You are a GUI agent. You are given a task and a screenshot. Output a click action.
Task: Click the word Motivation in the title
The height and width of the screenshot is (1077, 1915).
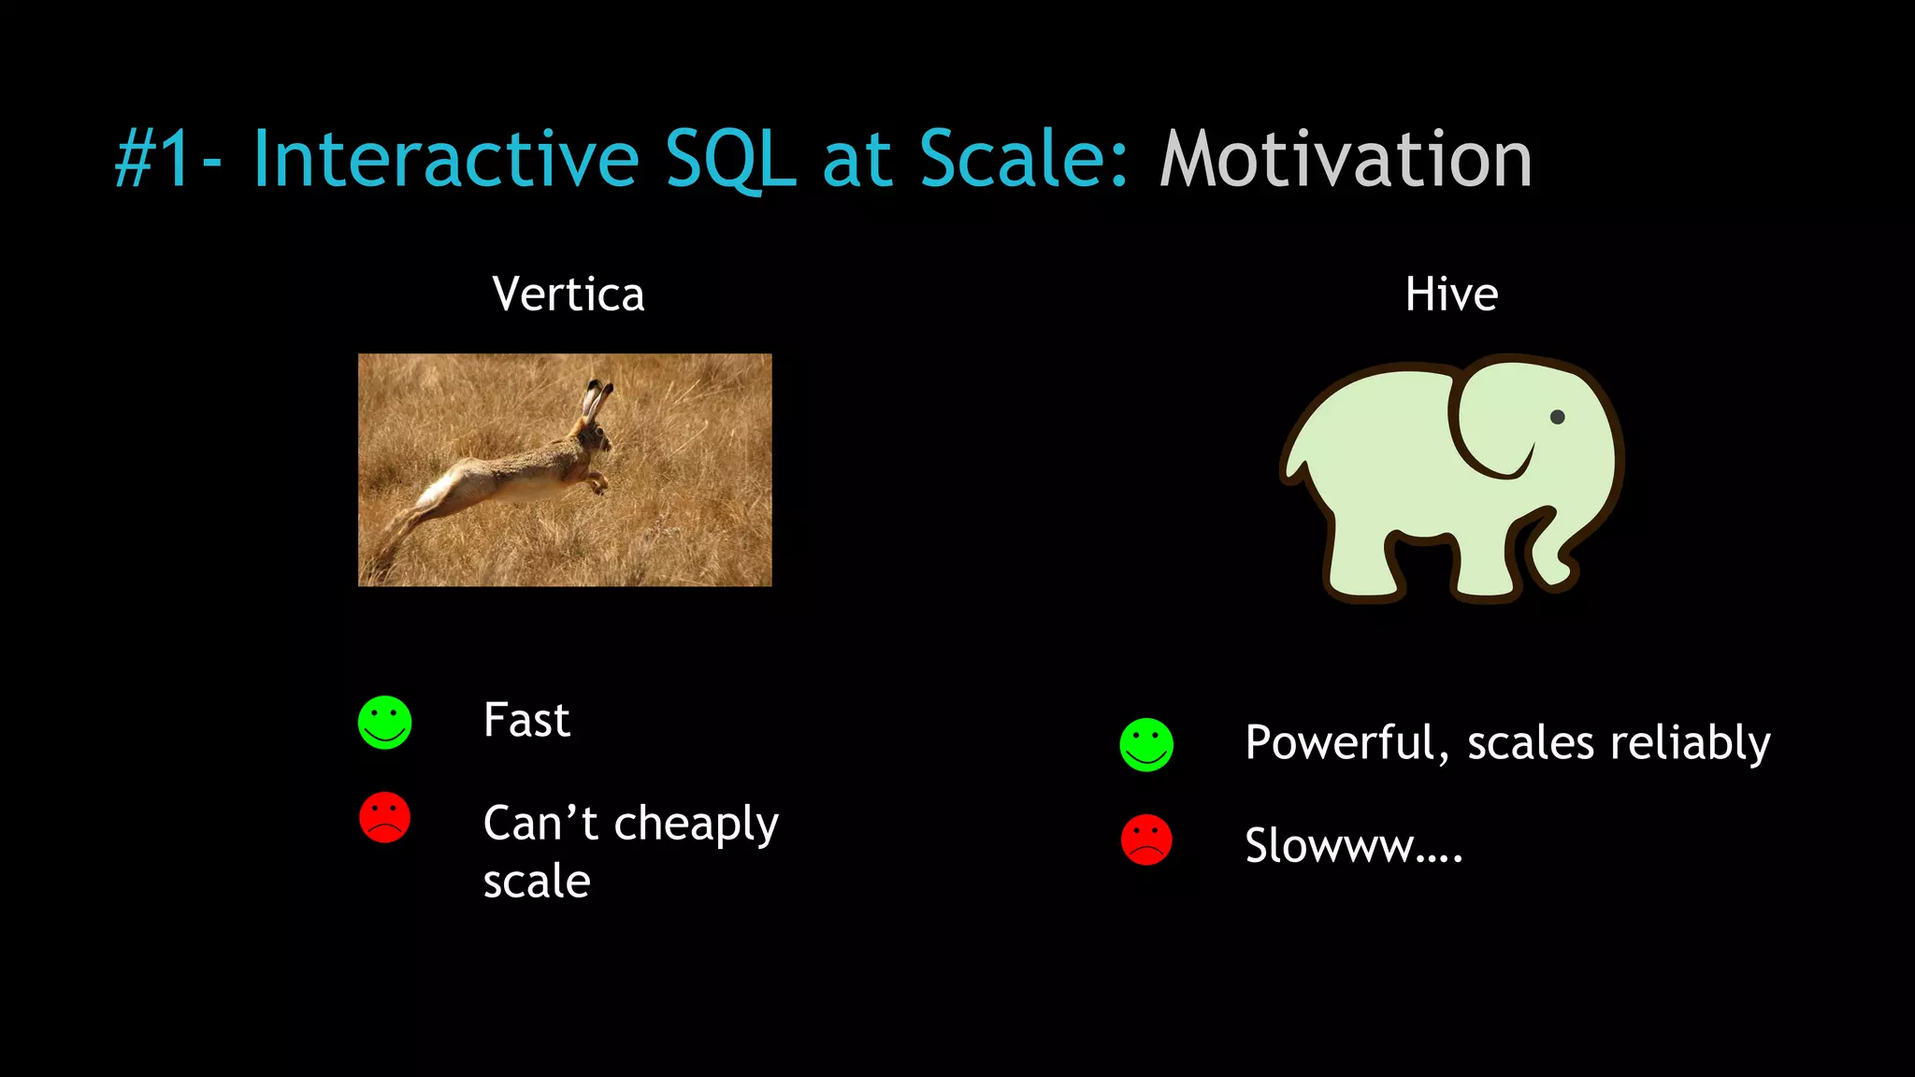(1345, 160)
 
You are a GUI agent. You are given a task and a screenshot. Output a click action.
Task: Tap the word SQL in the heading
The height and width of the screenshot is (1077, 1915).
(729, 160)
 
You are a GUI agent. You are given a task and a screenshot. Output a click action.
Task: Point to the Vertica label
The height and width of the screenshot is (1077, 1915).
(568, 294)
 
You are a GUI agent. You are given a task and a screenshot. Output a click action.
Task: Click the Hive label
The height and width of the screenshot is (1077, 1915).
(1451, 294)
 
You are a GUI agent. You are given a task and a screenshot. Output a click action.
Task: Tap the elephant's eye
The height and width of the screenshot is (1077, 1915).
(1557, 417)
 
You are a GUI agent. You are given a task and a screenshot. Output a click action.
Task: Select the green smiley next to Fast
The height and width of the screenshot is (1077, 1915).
(384, 723)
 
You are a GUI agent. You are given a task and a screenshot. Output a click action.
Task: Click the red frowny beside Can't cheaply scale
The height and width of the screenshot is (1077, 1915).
(384, 818)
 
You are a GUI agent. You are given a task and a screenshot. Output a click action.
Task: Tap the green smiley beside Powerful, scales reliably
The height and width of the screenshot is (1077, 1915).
(1146, 745)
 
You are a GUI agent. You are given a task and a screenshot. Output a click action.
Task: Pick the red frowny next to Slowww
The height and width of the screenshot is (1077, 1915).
(1146, 840)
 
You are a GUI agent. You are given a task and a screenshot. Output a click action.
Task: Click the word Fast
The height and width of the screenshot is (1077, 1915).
(526, 721)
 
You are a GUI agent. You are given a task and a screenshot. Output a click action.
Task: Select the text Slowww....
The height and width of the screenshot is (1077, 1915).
(1352, 846)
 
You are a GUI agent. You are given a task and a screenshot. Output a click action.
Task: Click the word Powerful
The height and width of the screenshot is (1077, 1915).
(1345, 744)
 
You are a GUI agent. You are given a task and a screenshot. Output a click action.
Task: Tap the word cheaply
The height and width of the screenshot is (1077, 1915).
(696, 826)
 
